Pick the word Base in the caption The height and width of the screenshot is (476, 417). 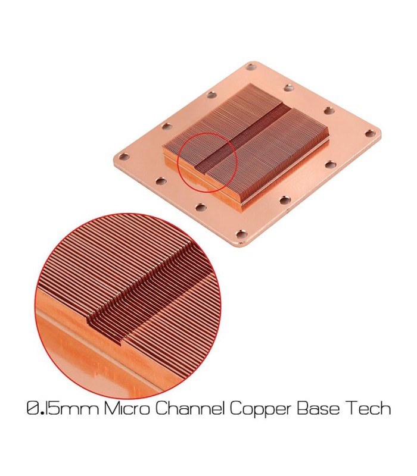(320, 408)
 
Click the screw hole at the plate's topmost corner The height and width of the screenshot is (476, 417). (251, 66)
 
